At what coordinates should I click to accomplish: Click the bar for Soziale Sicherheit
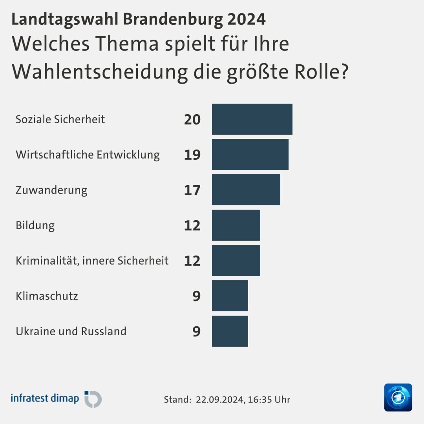click(252, 119)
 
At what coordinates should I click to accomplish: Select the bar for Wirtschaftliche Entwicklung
click(250, 154)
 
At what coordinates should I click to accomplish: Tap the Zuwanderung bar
click(246, 190)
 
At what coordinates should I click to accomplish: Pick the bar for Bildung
click(236, 225)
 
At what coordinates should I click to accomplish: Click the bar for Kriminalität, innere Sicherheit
click(236, 260)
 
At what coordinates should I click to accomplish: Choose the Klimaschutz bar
click(230, 296)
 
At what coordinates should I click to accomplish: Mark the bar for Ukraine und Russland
click(230, 331)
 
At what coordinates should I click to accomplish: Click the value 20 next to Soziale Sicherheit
click(192, 119)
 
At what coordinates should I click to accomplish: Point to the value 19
click(192, 155)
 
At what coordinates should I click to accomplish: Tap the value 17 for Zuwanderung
click(192, 190)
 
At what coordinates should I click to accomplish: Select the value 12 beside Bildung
click(192, 225)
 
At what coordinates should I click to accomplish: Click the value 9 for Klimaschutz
click(196, 296)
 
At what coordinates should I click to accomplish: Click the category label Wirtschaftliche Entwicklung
click(88, 155)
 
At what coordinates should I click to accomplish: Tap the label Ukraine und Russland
click(71, 331)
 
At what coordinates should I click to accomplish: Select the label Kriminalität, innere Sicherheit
click(92, 261)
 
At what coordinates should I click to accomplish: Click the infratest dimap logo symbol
click(93, 399)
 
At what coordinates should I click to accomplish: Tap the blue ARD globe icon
click(398, 397)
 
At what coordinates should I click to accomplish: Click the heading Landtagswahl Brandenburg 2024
click(138, 19)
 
